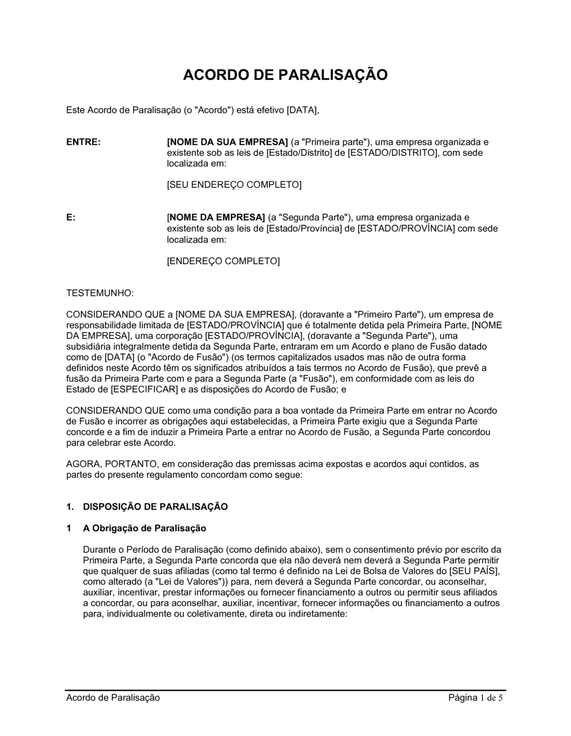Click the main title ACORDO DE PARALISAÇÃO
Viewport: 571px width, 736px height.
pyautogui.click(x=285, y=75)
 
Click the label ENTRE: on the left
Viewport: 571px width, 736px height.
pyautogui.click(x=83, y=142)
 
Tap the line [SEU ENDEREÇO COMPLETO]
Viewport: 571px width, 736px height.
pyautogui.click(x=234, y=185)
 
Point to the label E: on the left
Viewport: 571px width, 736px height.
pyautogui.click(x=71, y=218)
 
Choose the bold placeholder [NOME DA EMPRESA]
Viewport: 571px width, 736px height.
pyautogui.click(x=216, y=218)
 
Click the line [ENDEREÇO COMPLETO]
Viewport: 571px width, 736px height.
pyautogui.click(x=223, y=261)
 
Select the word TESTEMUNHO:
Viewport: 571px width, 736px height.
pyautogui.click(x=100, y=293)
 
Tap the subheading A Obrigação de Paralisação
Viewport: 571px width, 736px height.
pyautogui.click(x=144, y=528)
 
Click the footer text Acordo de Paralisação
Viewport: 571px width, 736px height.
pyautogui.click(x=113, y=698)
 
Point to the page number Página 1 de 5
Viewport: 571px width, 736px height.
pyautogui.click(x=476, y=698)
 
